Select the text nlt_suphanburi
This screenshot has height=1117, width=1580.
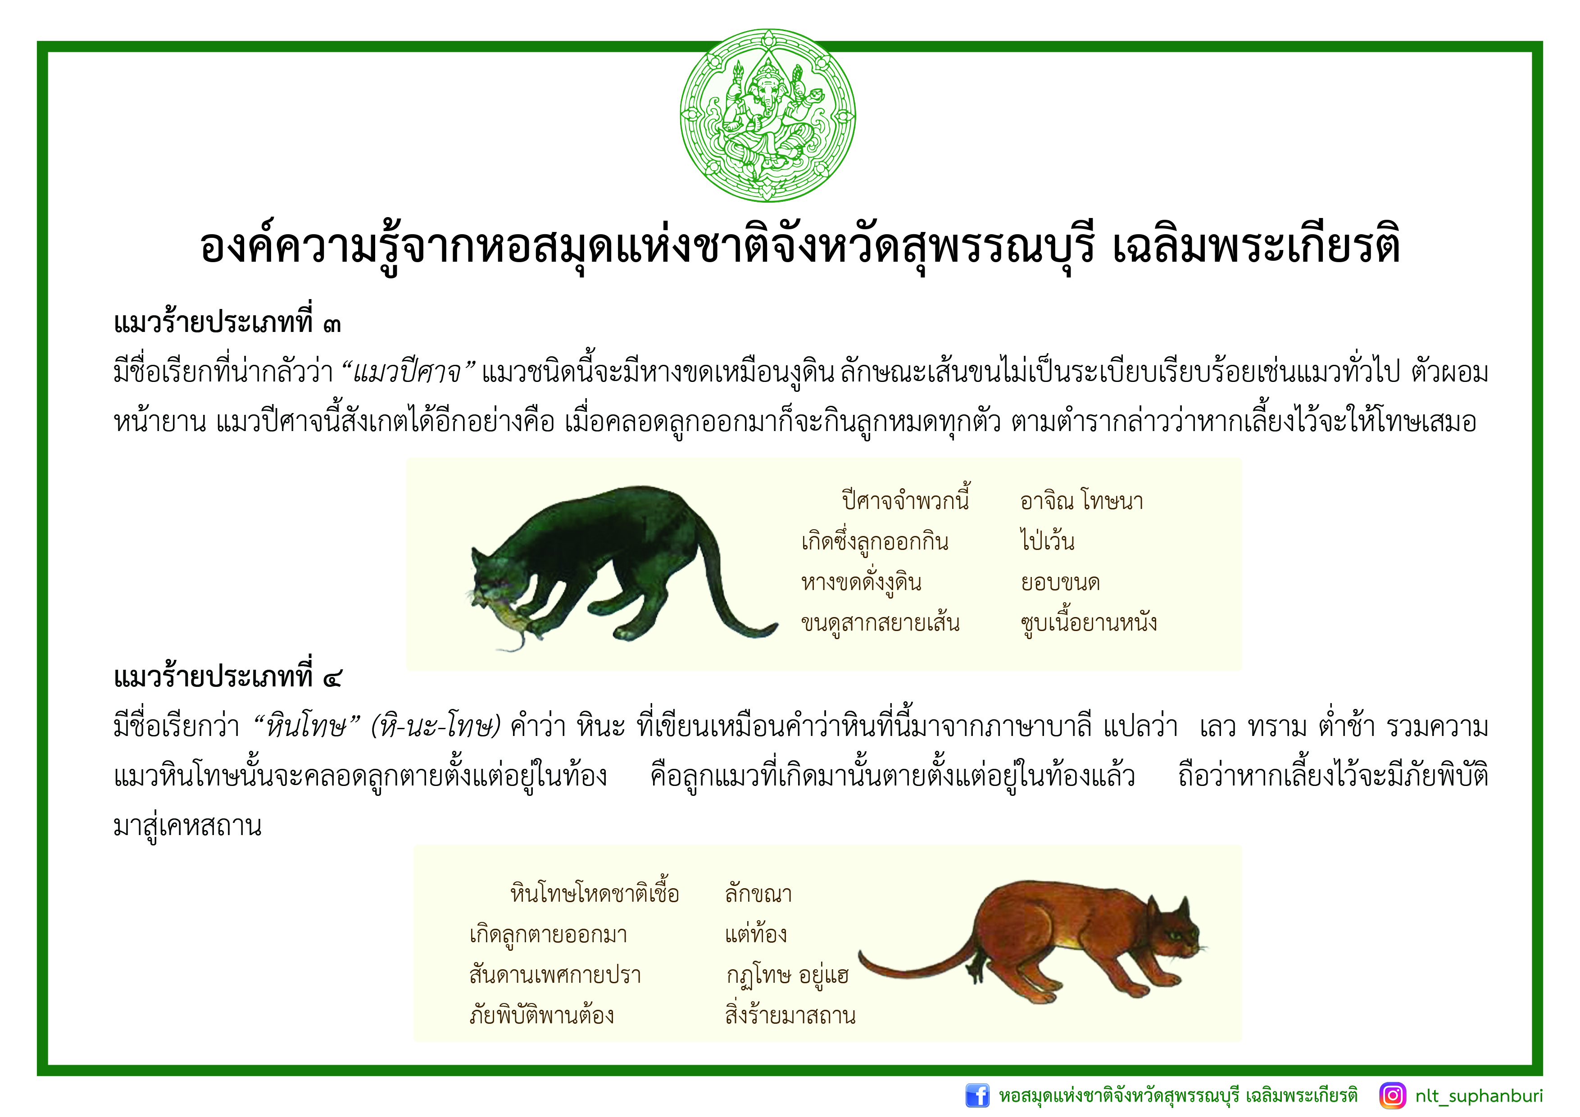1479,1096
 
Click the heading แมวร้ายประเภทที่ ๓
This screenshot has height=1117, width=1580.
227,322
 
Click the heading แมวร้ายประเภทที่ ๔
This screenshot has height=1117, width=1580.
227,677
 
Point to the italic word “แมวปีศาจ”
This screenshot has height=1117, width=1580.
409,372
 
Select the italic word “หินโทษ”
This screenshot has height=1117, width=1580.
308,727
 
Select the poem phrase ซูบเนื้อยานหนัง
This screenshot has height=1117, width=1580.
1089,622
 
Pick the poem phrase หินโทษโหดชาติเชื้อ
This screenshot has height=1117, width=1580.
595,893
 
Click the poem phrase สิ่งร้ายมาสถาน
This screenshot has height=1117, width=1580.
790,1014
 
